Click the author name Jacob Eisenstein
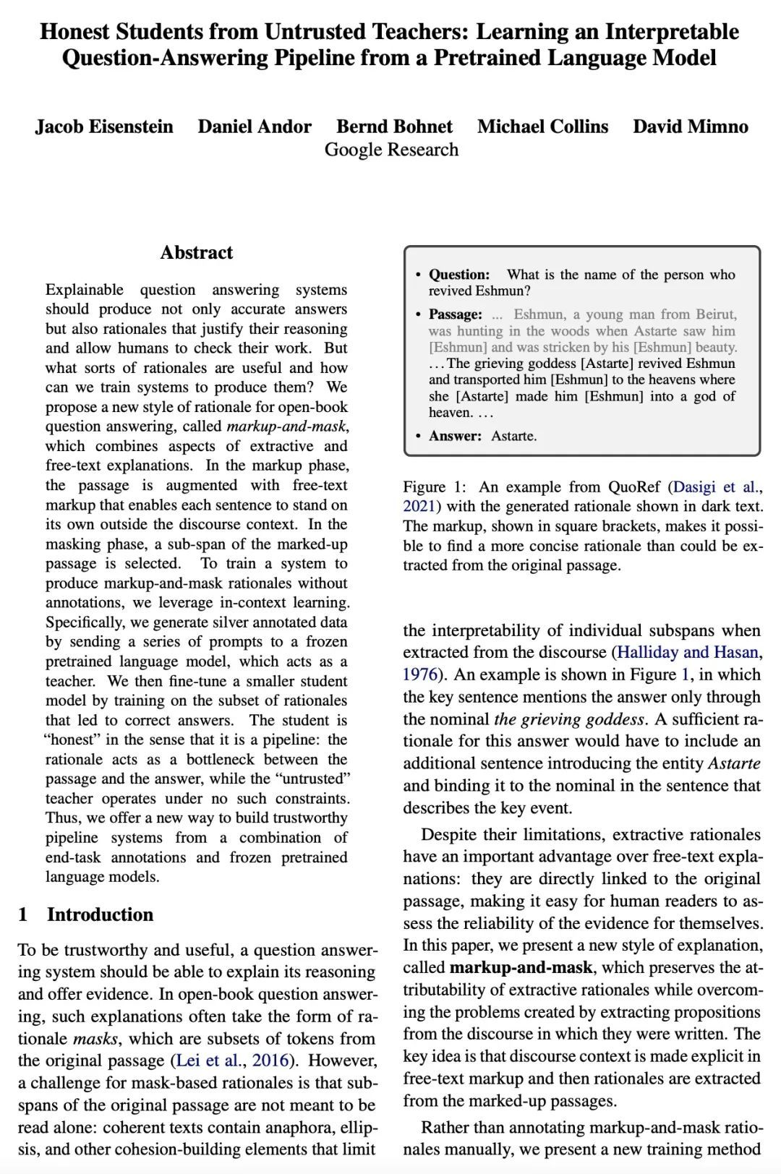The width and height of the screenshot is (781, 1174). (x=104, y=127)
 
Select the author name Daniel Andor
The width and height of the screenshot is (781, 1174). (x=255, y=127)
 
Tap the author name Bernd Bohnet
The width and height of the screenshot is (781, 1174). (x=394, y=127)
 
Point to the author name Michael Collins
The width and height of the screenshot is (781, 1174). (x=542, y=127)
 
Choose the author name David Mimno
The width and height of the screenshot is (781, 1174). (x=691, y=127)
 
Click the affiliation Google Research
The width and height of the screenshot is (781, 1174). (x=391, y=150)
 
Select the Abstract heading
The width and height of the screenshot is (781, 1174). (x=197, y=252)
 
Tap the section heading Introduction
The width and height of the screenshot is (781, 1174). (x=100, y=914)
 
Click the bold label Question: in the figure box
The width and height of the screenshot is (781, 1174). (x=459, y=275)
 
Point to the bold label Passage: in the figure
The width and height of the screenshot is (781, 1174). (x=456, y=314)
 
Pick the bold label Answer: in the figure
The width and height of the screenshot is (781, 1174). (x=455, y=436)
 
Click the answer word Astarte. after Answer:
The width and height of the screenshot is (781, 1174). (x=514, y=436)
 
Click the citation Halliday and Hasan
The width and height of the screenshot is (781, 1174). (x=687, y=652)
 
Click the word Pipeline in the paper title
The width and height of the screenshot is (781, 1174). (x=315, y=58)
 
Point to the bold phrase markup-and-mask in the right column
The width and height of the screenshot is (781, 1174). (x=521, y=967)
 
